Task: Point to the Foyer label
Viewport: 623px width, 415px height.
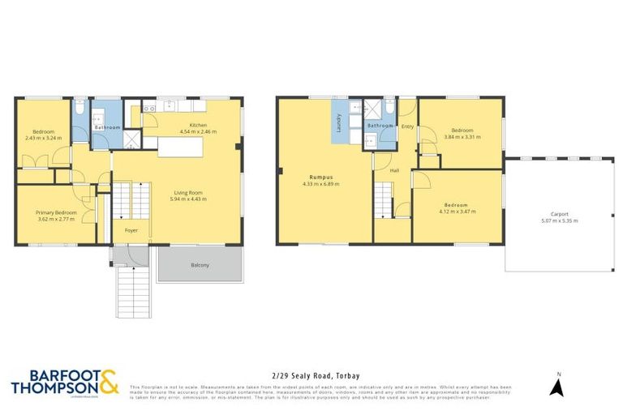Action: click(x=131, y=230)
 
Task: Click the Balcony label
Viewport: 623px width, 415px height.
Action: click(x=200, y=265)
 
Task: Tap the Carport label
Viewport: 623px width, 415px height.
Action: click(x=559, y=214)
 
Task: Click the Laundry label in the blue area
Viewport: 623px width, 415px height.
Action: click(x=338, y=122)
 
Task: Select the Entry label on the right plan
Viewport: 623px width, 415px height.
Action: click(x=407, y=126)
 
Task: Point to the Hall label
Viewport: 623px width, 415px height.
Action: click(x=395, y=171)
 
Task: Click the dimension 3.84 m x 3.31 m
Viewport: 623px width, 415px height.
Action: click(x=462, y=137)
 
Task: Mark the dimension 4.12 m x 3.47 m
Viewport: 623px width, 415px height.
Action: click(x=458, y=212)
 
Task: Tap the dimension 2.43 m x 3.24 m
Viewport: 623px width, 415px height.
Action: click(x=44, y=138)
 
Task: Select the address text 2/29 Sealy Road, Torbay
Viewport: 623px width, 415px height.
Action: click(x=311, y=375)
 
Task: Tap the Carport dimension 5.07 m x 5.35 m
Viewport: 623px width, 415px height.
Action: click(x=559, y=220)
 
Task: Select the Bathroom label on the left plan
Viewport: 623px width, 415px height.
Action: click(x=107, y=127)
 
